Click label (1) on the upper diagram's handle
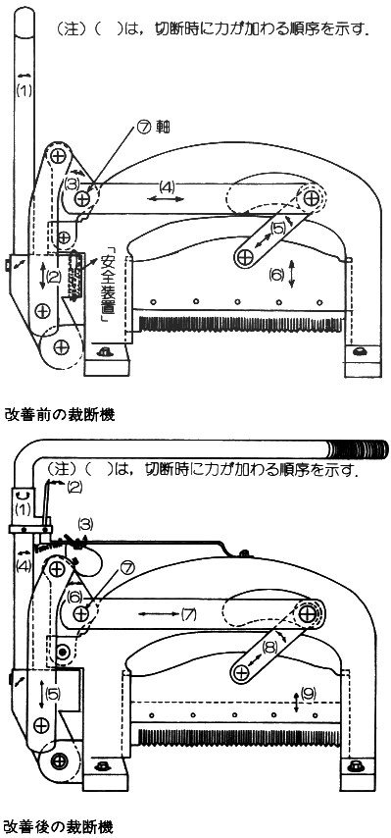(24, 91)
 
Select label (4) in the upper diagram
(167, 187)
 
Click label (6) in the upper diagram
(277, 275)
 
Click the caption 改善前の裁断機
(59, 415)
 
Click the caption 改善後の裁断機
(59, 828)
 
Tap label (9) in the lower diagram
(309, 694)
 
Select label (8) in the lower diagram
(269, 647)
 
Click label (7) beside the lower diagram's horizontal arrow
(189, 614)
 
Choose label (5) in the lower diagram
(53, 694)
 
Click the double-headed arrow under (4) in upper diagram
(166, 199)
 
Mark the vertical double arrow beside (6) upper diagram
(292, 274)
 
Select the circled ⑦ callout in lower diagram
(126, 569)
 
